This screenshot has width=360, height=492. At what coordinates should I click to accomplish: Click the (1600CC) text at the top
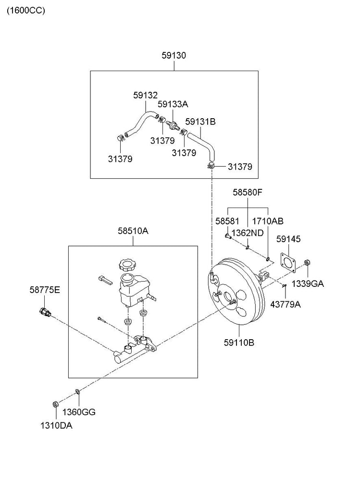25,11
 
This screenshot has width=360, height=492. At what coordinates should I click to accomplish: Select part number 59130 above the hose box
174,56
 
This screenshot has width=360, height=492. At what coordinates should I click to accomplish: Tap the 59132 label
145,96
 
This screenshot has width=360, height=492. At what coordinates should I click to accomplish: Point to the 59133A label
173,104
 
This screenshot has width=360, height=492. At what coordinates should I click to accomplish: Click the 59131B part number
200,122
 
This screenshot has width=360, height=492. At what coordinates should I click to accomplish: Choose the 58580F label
248,192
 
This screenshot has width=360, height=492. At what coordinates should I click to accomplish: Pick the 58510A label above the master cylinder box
133,231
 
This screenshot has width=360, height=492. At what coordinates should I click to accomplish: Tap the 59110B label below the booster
239,343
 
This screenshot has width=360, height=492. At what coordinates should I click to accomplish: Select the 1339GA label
308,283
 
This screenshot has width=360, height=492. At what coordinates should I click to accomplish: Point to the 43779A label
286,304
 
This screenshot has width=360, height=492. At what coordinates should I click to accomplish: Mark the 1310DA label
57,425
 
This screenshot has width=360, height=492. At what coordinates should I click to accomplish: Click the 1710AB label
268,221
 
